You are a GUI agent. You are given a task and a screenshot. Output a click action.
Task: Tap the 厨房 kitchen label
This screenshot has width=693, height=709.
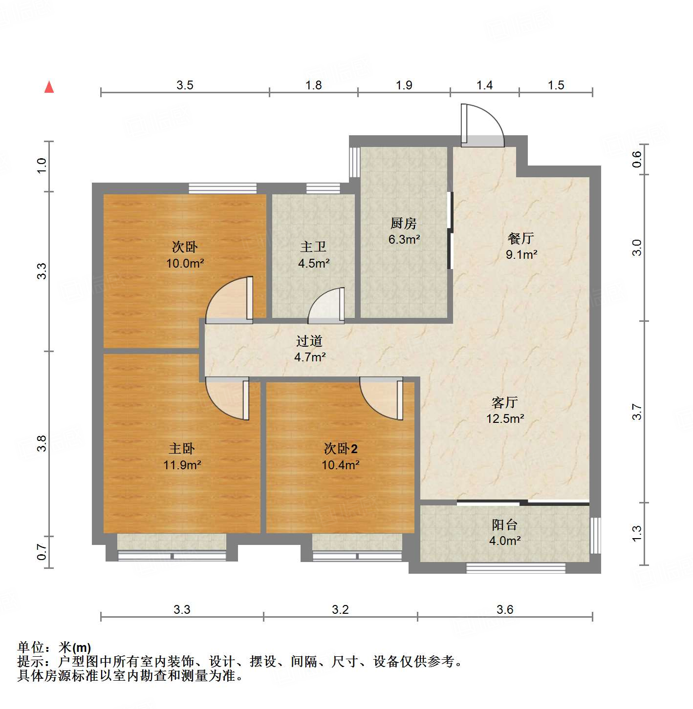coord(404,224)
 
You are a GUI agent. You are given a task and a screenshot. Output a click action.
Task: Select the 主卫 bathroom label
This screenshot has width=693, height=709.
coord(313,247)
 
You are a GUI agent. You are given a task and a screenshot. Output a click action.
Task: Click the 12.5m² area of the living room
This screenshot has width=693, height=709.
coord(505,418)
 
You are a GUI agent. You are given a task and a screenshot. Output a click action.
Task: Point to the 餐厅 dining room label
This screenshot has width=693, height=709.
coord(520,238)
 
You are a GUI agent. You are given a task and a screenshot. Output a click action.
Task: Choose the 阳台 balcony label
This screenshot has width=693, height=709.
coord(504,525)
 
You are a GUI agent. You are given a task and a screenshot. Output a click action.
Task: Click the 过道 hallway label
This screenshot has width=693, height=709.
coord(309,341)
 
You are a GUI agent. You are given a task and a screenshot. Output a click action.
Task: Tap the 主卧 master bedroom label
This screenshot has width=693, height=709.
coord(182,448)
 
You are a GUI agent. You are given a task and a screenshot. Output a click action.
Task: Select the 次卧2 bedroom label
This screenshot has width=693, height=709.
coord(341,448)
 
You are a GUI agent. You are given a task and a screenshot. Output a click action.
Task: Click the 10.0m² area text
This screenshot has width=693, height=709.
coord(185,263)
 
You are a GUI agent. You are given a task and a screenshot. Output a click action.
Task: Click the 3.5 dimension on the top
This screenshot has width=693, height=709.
coord(185,85)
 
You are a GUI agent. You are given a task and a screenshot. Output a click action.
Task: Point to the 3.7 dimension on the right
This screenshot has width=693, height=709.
coord(637,412)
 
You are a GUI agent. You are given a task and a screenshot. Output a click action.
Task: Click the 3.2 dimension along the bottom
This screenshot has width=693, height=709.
coord(340,609)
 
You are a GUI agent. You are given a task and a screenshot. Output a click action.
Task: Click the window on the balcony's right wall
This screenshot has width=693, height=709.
coord(595,535)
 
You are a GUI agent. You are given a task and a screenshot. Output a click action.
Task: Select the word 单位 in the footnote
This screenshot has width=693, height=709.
coord(31,647)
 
